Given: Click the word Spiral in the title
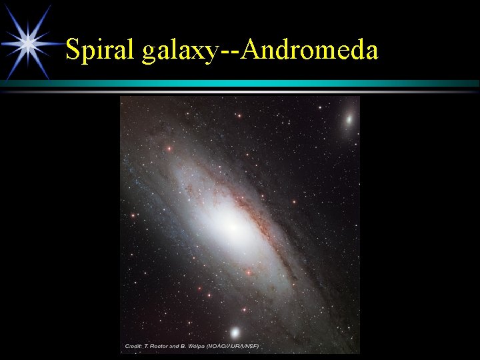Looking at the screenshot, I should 101,50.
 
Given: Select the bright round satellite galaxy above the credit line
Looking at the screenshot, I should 235,331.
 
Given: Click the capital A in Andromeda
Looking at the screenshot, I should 253,49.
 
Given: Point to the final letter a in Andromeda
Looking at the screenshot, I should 371,53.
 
